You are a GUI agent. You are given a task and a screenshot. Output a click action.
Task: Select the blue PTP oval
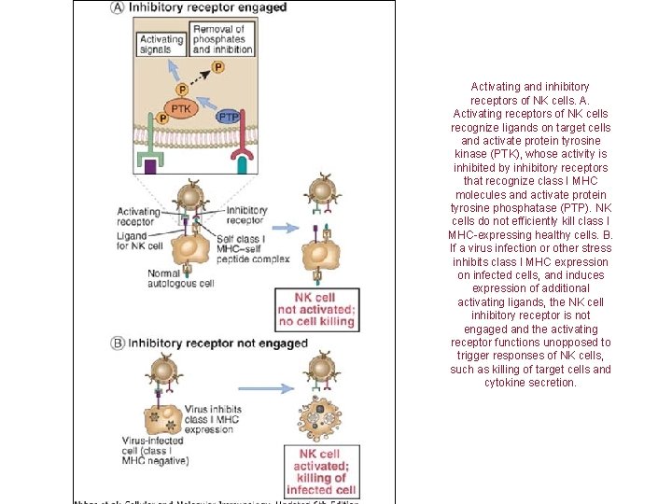(229, 117)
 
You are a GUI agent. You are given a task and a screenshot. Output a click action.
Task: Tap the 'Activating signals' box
(161, 45)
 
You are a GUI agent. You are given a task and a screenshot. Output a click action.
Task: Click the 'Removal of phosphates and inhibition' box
(219, 38)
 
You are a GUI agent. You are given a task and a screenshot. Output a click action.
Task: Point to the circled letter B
(118, 343)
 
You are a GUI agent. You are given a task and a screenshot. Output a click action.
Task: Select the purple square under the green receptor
(150, 165)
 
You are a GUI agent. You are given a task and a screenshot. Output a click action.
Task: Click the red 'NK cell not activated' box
(316, 309)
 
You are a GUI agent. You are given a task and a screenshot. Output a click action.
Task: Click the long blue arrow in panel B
(265, 388)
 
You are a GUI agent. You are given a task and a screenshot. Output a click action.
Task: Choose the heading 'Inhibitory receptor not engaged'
(217, 343)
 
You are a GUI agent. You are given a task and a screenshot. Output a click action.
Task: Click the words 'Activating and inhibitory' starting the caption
(529, 87)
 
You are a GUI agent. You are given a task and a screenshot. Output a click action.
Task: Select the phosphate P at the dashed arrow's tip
(218, 67)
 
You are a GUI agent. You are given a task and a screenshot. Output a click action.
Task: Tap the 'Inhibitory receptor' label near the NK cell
(246, 216)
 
